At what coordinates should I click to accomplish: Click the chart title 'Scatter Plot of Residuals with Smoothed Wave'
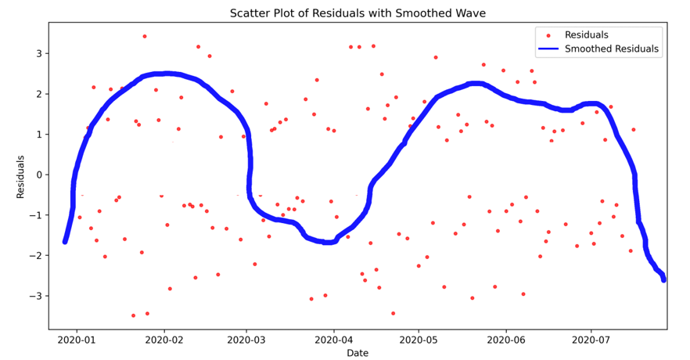point(358,13)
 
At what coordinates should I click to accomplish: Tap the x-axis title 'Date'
point(358,353)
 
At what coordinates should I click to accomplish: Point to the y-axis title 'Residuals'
point(21,176)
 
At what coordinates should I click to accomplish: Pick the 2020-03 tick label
point(247,340)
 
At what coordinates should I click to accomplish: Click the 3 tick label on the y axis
point(38,53)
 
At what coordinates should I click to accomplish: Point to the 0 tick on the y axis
point(38,175)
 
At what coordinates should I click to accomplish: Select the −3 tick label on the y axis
point(35,296)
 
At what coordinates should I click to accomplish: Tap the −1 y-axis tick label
point(35,215)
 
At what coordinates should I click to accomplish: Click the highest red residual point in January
point(145,36)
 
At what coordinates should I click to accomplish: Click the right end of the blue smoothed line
point(663,279)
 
